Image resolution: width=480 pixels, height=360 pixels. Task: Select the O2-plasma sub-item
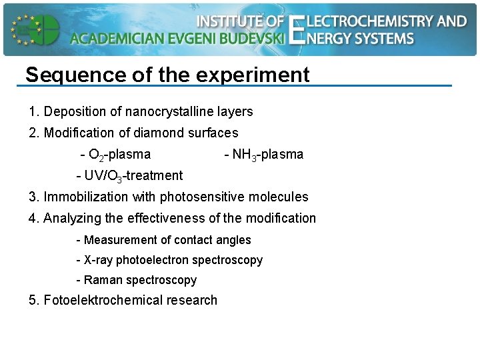(x=115, y=155)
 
